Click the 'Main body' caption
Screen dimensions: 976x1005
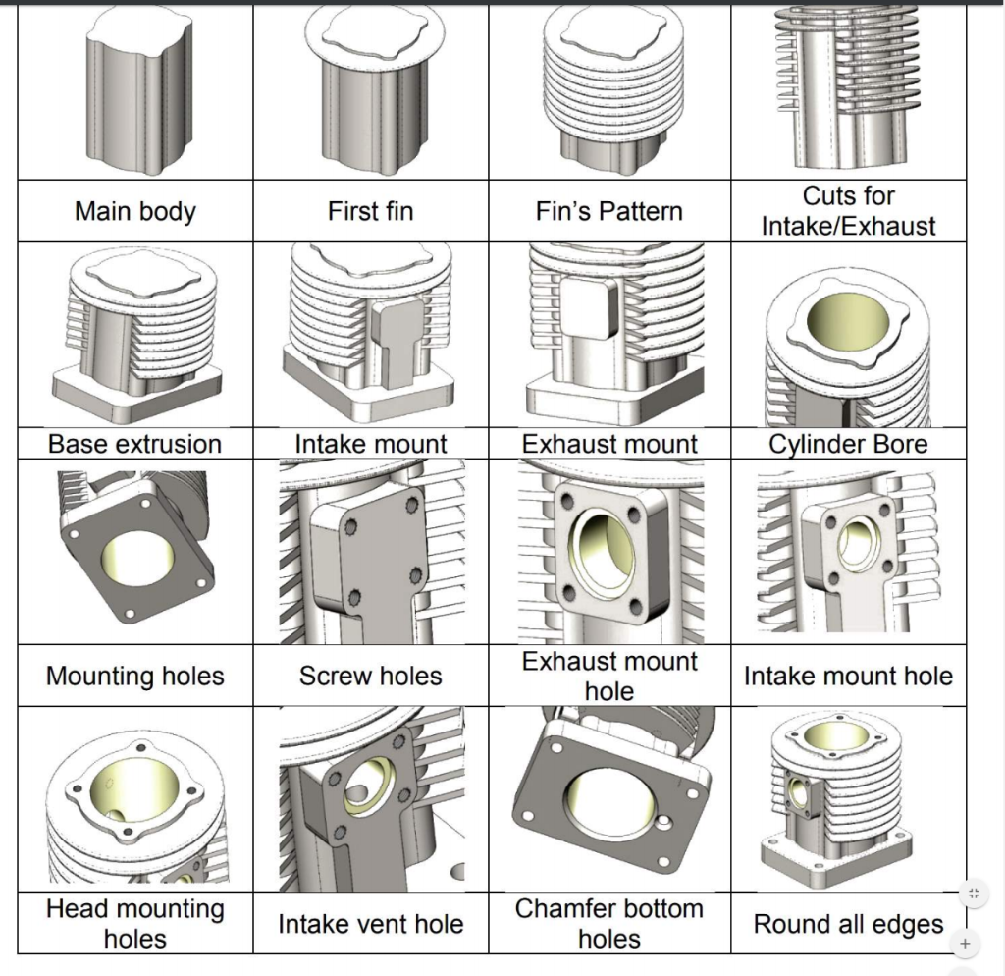coord(135,211)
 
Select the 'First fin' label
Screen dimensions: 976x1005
coord(370,211)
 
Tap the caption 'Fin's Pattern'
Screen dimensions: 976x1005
coord(608,211)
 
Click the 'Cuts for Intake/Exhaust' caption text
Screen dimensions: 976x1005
coord(849,211)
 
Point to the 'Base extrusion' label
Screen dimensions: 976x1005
coord(135,444)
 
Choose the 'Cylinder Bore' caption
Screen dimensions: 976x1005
coord(848,444)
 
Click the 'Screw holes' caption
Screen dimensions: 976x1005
coord(370,676)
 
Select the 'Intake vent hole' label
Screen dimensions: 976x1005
coord(370,924)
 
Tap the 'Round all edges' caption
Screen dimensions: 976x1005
coord(848,924)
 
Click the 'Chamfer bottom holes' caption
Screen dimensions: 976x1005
coord(608,924)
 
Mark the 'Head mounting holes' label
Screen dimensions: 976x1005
coord(135,924)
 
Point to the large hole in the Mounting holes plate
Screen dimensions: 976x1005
coord(137,557)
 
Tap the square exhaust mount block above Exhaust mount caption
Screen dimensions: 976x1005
coord(590,306)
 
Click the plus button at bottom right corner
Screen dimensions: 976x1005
coord(965,944)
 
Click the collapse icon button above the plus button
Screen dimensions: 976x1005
coord(974,893)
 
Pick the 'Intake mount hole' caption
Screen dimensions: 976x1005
coord(848,676)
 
